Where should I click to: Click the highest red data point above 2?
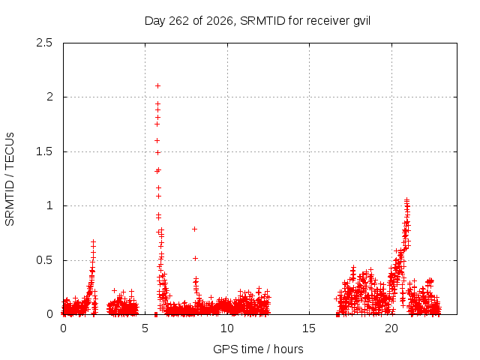[x=157, y=86]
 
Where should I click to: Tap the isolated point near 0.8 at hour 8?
[x=194, y=229]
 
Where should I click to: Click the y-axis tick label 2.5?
[x=44, y=43]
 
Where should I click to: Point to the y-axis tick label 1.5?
[x=44, y=151]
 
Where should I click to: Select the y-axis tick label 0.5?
[x=44, y=260]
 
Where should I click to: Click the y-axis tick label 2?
[x=49, y=97]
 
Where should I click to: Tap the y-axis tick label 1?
[x=49, y=205]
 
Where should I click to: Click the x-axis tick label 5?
[x=145, y=328]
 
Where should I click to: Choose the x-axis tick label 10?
[x=227, y=328]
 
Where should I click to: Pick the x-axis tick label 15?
[x=309, y=328]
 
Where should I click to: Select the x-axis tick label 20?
[x=391, y=328]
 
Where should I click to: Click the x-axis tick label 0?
[x=63, y=328]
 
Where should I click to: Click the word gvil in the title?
[x=361, y=21]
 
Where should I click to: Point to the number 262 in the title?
[x=179, y=21]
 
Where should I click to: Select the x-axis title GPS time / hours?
[x=258, y=349]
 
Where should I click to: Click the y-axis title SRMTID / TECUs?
[x=10, y=179]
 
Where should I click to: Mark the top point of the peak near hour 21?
[x=406, y=200]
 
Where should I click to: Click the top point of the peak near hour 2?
[x=93, y=241]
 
